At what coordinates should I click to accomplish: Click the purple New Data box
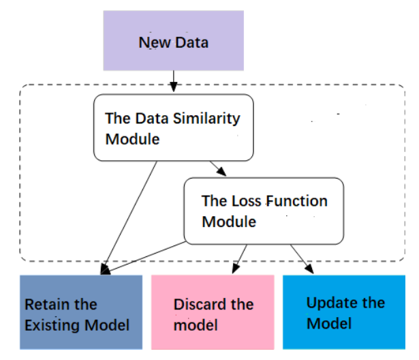(174, 41)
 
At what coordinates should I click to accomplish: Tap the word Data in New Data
(192, 42)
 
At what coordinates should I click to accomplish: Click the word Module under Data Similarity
(133, 139)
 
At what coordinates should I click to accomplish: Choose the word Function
(296, 201)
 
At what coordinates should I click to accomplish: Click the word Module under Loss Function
(229, 222)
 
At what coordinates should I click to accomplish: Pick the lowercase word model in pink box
(196, 325)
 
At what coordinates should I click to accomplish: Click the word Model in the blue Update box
(329, 324)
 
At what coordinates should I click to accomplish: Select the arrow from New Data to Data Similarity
(174, 81)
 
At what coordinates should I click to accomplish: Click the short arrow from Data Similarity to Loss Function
(218, 168)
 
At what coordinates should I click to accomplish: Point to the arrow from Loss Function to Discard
(240, 259)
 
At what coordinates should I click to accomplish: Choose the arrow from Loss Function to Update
(302, 259)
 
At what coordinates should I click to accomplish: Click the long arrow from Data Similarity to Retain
(129, 217)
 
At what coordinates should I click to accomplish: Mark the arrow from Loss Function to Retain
(143, 258)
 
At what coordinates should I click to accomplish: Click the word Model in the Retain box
(107, 325)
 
